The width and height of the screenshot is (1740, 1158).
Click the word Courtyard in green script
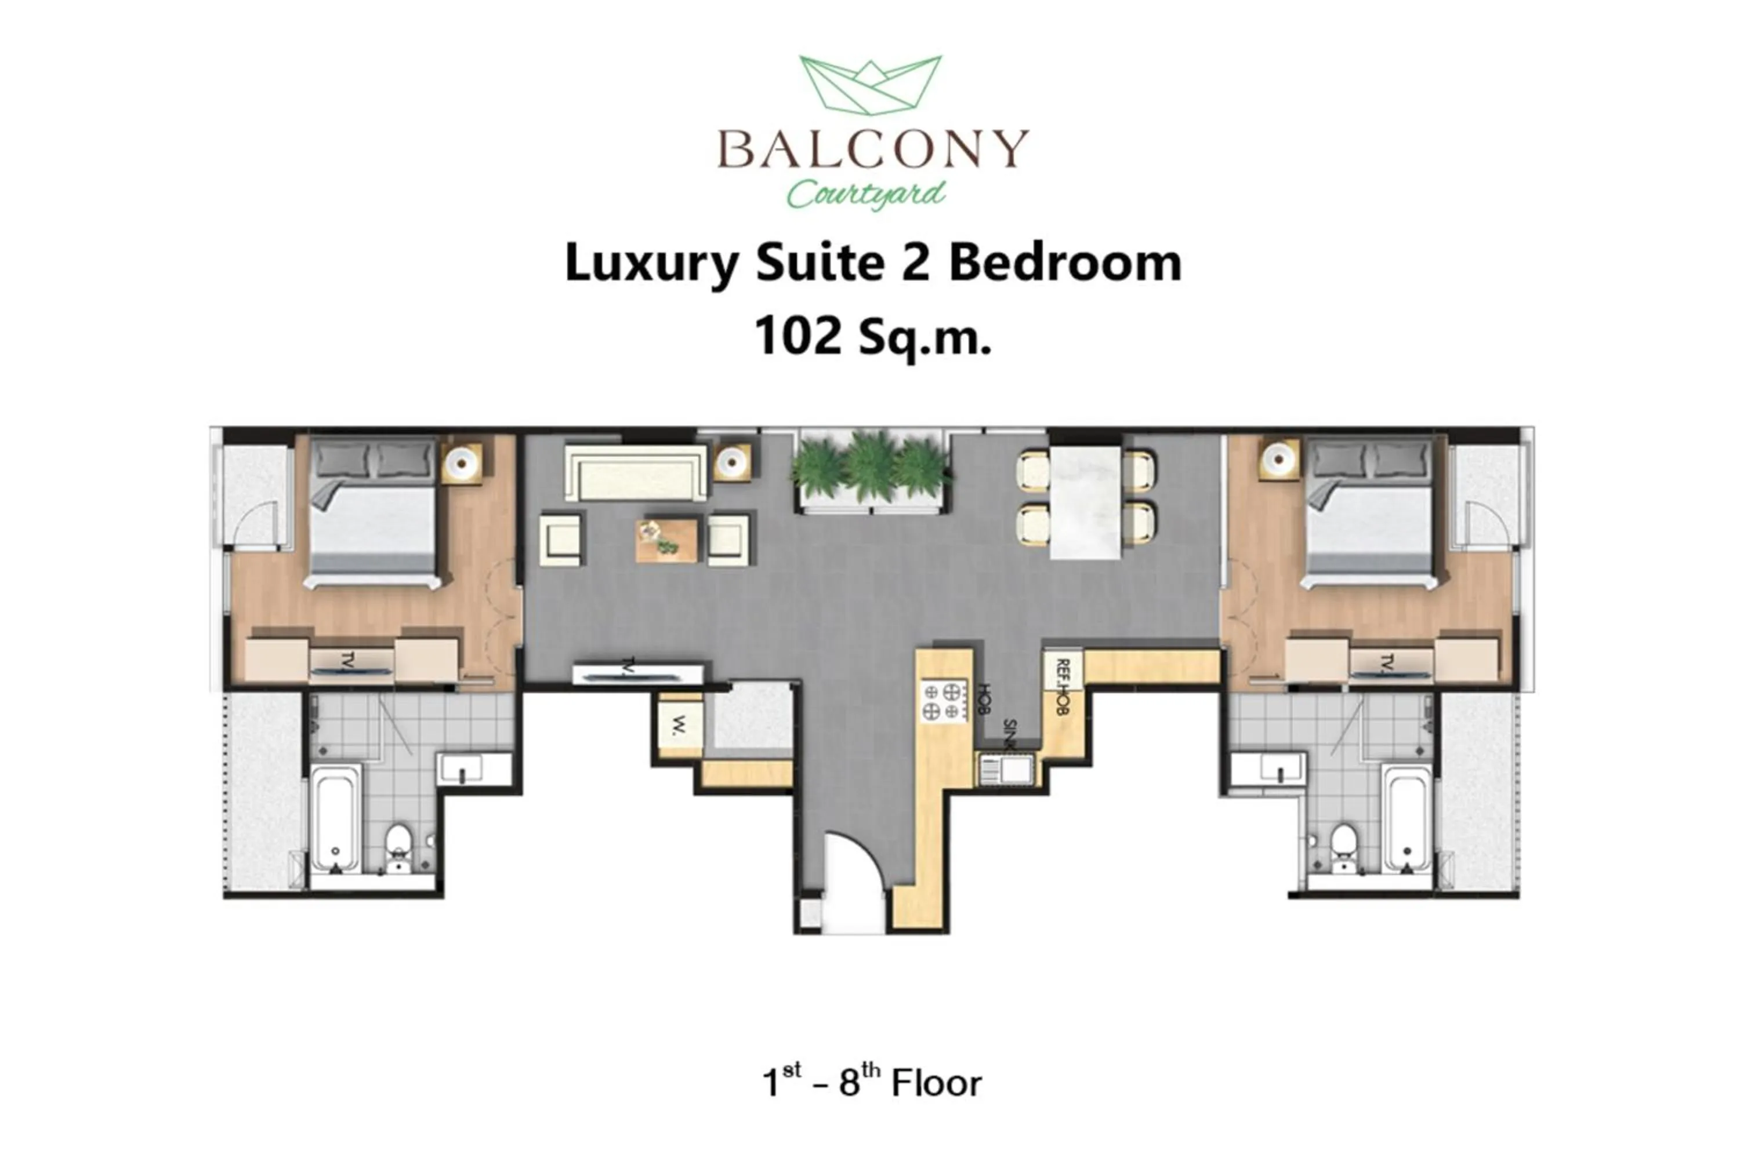point(865,194)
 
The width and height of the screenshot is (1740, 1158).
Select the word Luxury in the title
point(651,263)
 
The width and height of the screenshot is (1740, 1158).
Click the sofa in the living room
point(635,473)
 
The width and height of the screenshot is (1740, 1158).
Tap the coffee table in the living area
point(666,540)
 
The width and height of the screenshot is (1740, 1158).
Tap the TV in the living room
point(637,673)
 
